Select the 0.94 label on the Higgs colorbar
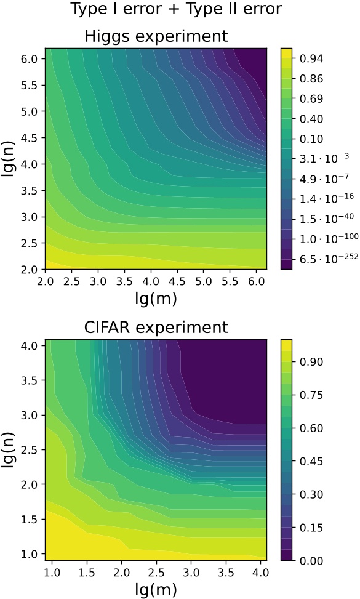click(311, 58)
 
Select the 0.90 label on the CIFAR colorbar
click(311, 361)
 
